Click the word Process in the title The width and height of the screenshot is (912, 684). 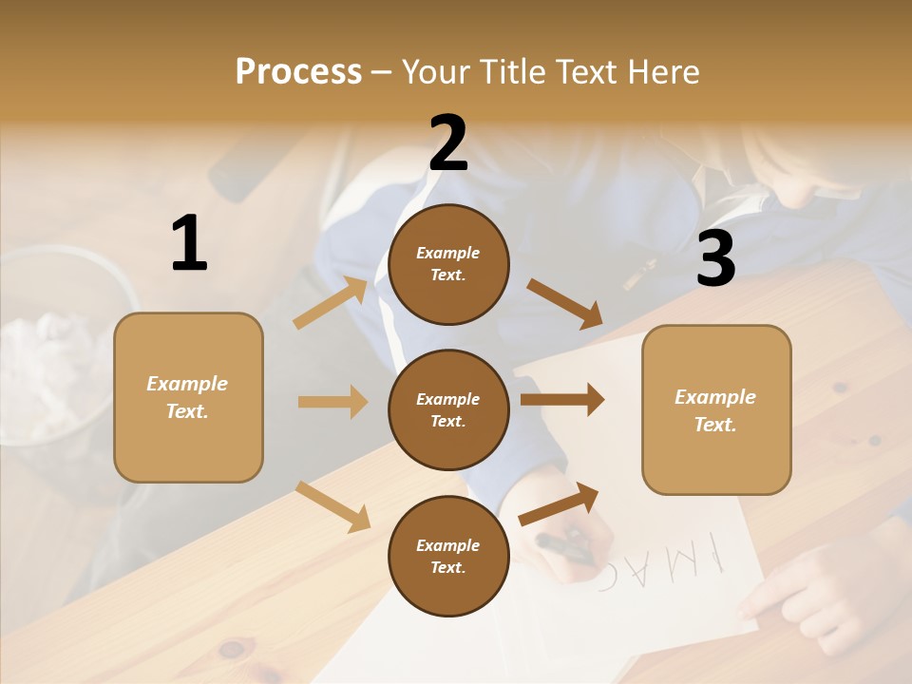[x=298, y=72]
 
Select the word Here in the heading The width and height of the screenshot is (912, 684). [x=662, y=72]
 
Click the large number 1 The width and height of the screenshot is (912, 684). [x=189, y=243]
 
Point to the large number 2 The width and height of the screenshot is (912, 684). [x=448, y=143]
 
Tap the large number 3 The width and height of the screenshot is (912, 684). [x=715, y=259]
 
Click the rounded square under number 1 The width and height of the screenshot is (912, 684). [x=188, y=397]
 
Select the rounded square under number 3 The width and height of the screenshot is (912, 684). [x=716, y=409]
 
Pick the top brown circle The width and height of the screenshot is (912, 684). [x=448, y=264]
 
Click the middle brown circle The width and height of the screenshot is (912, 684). [x=448, y=409]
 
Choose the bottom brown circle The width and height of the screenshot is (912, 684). [x=448, y=556]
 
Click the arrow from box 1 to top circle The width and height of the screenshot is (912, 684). [x=331, y=303]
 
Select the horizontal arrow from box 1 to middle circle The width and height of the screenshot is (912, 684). [x=332, y=402]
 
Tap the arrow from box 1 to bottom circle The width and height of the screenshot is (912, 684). [x=332, y=505]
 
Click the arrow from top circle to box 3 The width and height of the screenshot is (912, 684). [x=565, y=304]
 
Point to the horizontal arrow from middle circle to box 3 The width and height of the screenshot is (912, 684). [x=561, y=399]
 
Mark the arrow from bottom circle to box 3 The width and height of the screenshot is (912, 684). [x=559, y=503]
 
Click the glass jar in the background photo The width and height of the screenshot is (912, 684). [x=57, y=351]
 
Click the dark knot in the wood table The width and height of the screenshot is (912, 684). [x=231, y=650]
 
